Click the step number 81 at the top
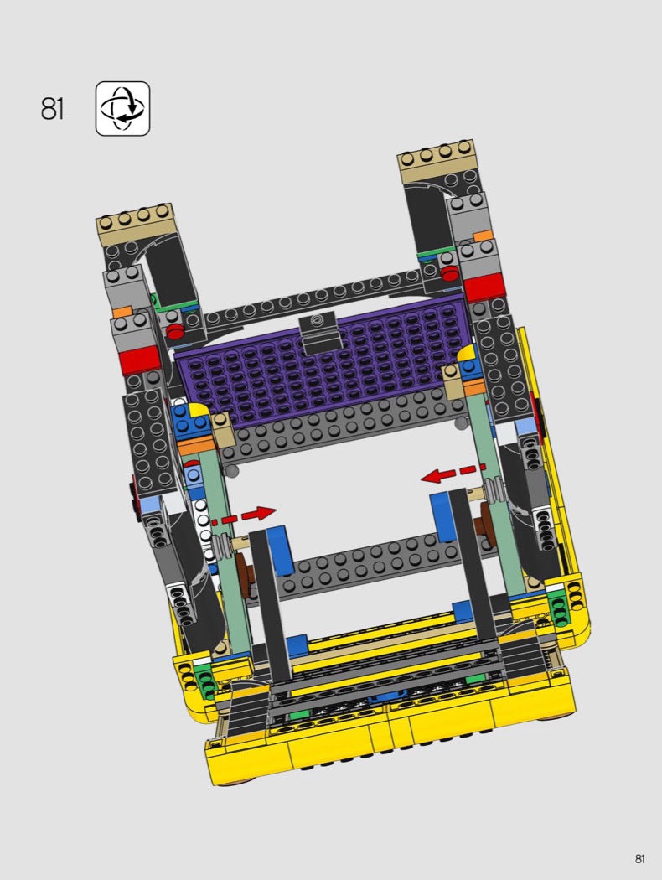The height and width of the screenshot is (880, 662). pyautogui.click(x=52, y=108)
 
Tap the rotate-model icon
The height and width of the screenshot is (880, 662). pyautogui.click(x=123, y=108)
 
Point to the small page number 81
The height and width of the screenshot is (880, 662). pyautogui.click(x=639, y=859)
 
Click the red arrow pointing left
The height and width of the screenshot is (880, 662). pyautogui.click(x=453, y=474)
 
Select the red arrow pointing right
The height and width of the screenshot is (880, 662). pyautogui.click(x=244, y=515)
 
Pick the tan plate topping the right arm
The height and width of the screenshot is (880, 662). pyautogui.click(x=437, y=159)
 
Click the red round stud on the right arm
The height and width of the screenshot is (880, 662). pyautogui.click(x=450, y=273)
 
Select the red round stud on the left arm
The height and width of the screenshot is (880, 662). pyautogui.click(x=176, y=331)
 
